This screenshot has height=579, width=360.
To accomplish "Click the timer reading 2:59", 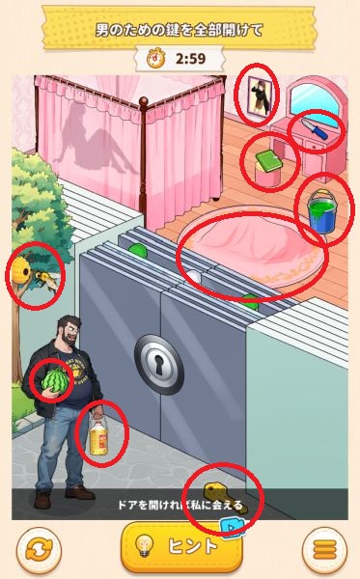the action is [x=190, y=59].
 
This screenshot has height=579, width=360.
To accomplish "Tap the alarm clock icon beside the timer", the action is [x=156, y=58].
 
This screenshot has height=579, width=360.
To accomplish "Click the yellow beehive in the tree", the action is [x=21, y=270].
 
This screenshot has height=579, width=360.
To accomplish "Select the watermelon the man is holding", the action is [x=55, y=380].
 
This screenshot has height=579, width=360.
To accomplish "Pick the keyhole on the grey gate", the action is [x=159, y=365].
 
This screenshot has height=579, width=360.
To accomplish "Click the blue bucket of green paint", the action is [x=321, y=210].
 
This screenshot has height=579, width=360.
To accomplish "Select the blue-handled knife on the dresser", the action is [x=315, y=128].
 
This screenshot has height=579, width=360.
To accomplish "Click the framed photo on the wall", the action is [x=260, y=96].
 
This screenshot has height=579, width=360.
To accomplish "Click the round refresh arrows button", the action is [x=38, y=550].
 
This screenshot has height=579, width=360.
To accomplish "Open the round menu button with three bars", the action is [x=324, y=550].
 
